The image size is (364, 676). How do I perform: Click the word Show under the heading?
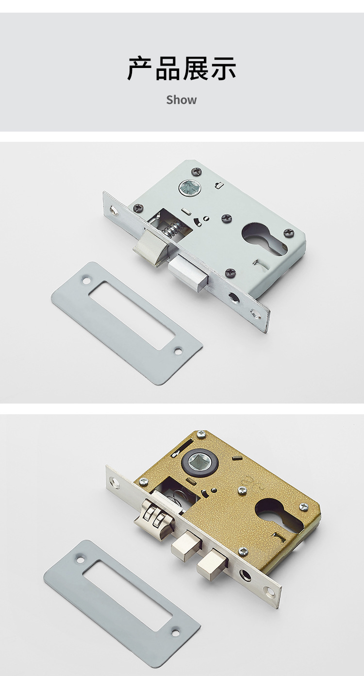181,99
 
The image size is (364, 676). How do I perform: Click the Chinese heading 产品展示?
182,68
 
